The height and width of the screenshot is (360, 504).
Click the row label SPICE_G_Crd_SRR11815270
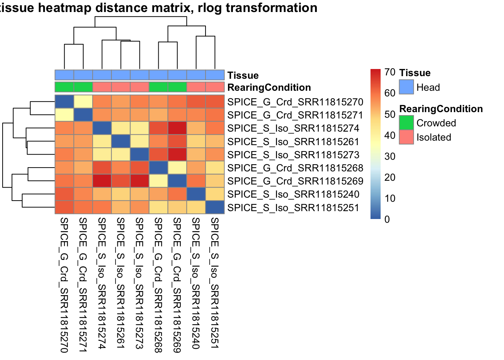[x=295, y=102]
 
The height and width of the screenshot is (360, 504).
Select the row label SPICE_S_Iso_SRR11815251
[x=293, y=208]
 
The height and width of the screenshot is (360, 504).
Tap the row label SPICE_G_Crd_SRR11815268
[x=295, y=168]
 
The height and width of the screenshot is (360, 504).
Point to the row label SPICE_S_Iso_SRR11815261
[x=293, y=142]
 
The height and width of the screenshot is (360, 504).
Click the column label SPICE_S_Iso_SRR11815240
[x=196, y=283]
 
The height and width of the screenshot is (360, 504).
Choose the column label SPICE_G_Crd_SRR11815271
[x=83, y=285]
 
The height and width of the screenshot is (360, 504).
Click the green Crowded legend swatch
[x=406, y=123]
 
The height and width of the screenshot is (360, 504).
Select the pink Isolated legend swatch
[x=406, y=137]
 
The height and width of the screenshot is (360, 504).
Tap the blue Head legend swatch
[x=406, y=87]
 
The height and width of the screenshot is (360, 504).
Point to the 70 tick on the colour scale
[x=390, y=72]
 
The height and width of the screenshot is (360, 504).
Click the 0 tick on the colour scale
[x=387, y=219]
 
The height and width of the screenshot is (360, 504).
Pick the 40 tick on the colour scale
[x=390, y=135]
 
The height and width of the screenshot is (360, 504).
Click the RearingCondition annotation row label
[x=269, y=87]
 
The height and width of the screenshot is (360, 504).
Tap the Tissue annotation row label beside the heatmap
[x=243, y=75]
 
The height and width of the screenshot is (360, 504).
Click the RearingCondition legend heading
[x=441, y=109]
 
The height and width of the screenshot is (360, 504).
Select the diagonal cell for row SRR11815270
[x=64, y=102]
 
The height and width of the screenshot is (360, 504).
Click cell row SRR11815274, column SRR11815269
[x=177, y=128]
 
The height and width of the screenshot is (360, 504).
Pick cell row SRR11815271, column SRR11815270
[x=64, y=115]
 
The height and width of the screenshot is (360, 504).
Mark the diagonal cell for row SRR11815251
[x=215, y=207]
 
